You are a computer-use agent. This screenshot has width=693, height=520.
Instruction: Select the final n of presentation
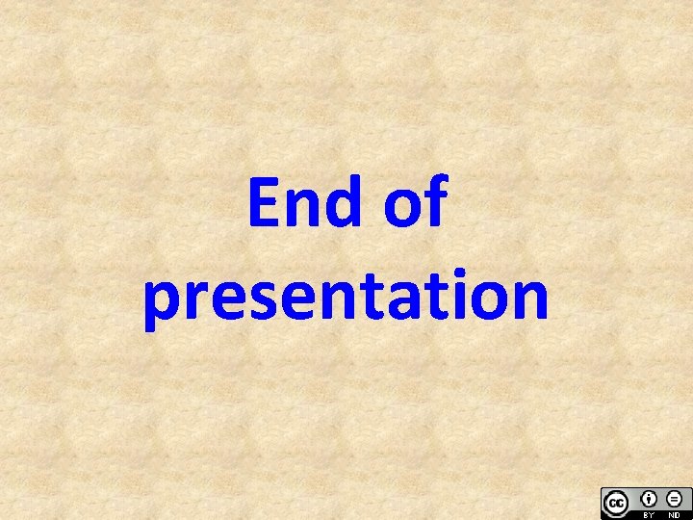[528, 299]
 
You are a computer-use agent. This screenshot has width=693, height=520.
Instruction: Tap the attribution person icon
[648, 498]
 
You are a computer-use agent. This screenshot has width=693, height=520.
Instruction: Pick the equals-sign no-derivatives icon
[674, 498]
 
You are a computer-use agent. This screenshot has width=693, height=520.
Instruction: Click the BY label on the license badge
[648, 514]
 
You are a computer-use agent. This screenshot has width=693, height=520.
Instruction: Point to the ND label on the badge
[674, 514]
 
